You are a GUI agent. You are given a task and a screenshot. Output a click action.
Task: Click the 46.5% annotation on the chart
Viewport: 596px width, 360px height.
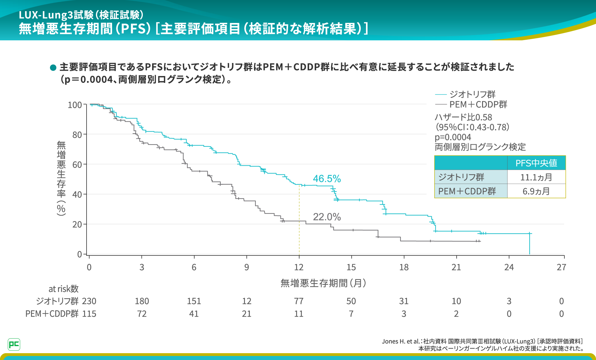click(x=327, y=179)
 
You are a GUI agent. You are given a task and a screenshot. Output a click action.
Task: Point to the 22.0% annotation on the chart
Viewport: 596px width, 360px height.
click(x=327, y=217)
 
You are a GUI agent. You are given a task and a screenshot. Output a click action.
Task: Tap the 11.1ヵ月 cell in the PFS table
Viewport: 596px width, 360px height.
click(x=536, y=177)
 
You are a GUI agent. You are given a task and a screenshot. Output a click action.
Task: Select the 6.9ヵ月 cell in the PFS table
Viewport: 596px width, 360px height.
click(x=536, y=191)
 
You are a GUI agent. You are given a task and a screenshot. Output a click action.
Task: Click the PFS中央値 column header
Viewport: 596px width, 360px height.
click(x=536, y=163)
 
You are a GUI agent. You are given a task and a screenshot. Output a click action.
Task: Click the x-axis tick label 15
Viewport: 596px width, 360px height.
click(x=351, y=267)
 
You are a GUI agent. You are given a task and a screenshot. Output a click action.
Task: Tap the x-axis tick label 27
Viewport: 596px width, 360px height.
click(x=561, y=267)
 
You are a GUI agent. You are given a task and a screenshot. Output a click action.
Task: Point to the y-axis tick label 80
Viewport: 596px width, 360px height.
click(x=77, y=135)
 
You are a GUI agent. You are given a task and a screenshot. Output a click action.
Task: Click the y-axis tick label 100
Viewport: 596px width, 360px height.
click(x=75, y=105)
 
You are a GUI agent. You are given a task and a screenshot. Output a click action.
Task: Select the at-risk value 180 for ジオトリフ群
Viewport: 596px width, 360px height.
click(x=142, y=301)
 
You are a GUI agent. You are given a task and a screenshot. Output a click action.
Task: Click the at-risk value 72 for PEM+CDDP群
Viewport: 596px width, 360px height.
click(x=142, y=314)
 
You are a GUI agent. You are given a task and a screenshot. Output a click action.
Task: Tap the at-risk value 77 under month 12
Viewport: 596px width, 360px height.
click(x=299, y=301)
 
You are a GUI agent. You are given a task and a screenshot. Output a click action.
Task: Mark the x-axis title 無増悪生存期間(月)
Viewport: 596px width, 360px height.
click(x=323, y=283)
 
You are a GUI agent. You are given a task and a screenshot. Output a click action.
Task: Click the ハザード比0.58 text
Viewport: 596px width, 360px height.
click(x=463, y=117)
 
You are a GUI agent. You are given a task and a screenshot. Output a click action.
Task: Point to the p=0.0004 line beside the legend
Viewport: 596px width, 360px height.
click(x=453, y=137)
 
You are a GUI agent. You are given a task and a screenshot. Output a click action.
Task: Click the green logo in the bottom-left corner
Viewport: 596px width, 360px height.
click(x=14, y=344)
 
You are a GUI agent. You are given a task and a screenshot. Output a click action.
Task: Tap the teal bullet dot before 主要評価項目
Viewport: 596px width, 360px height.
click(x=53, y=67)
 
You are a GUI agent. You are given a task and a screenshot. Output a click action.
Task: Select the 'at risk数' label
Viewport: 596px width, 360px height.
click(x=63, y=289)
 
